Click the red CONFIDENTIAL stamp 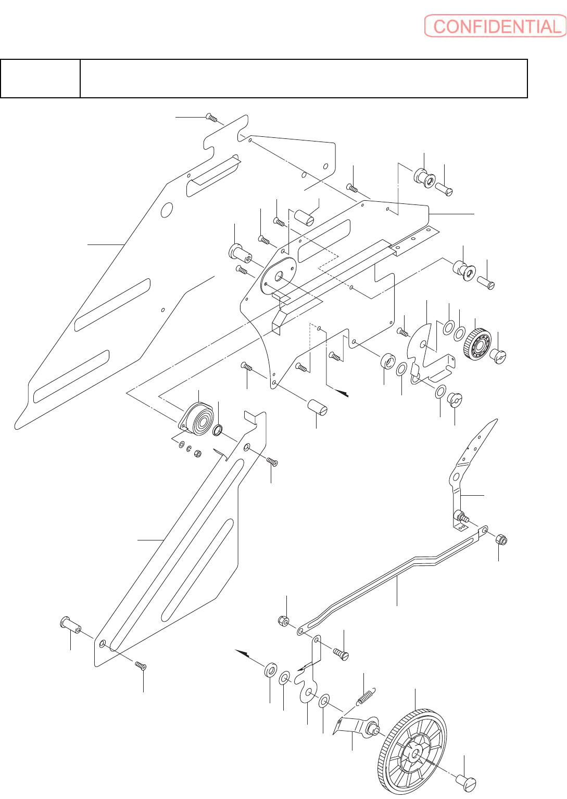click(495, 26)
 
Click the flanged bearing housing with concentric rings click(197, 419)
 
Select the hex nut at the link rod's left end click(284, 621)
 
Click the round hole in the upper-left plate click(167, 210)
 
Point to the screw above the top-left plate click(211, 118)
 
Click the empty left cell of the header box click(41, 79)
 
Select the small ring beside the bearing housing click(218, 430)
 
